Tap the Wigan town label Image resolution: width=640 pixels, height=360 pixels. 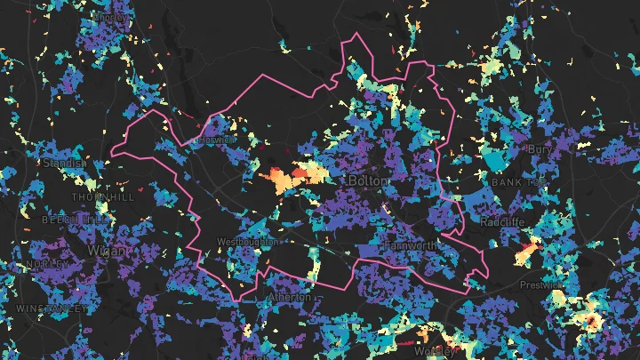pyautogui.click(x=108, y=251)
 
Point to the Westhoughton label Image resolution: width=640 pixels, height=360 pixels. pyautogui.click(x=247, y=241)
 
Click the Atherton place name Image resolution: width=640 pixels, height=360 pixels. pyautogui.click(x=291, y=297)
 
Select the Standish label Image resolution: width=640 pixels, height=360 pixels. pyautogui.click(x=65, y=163)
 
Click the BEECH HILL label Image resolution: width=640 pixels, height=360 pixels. pyautogui.click(x=73, y=218)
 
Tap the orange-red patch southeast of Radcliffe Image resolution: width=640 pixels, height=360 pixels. pyautogui.click(x=527, y=253)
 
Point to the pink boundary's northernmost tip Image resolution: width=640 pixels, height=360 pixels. pyautogui.click(x=356, y=35)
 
